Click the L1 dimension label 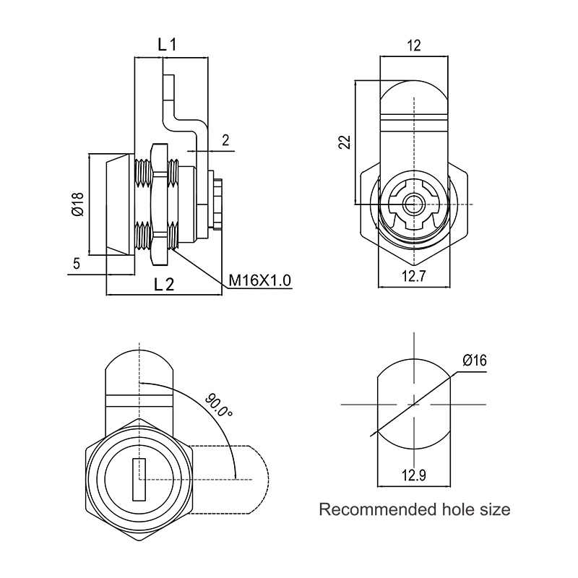click(168, 45)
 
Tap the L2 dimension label click(164, 285)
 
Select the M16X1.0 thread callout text click(260, 280)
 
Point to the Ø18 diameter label click(78, 204)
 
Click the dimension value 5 click(77, 264)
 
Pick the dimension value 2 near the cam click(225, 140)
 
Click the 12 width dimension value click(414, 46)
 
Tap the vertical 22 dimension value click(345, 142)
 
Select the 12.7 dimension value click(413, 276)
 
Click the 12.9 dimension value click(413, 475)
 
